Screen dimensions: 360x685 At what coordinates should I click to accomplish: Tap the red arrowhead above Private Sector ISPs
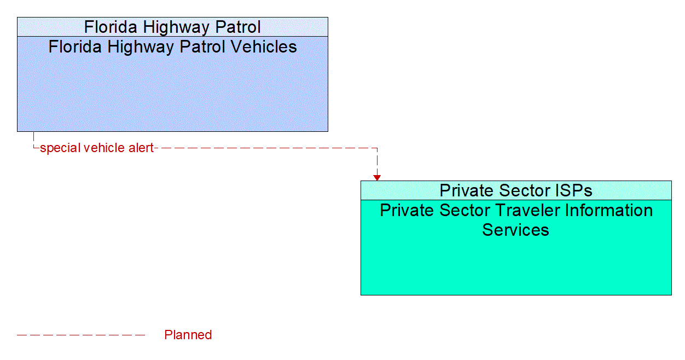(x=377, y=177)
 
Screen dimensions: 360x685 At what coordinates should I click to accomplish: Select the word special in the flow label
(x=59, y=148)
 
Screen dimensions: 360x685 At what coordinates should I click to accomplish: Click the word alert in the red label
(x=141, y=148)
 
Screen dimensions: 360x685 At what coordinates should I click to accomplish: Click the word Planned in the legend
(x=188, y=335)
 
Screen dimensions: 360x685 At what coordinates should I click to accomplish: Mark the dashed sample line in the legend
(x=81, y=335)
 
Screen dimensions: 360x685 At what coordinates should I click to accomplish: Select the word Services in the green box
(x=515, y=230)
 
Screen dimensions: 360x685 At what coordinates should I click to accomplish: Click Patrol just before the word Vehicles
(x=200, y=47)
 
